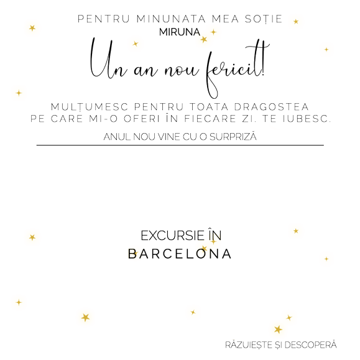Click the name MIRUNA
click(180, 32)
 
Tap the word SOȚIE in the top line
click(264, 19)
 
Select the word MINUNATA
click(171, 19)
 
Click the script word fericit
click(234, 69)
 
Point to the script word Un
click(108, 60)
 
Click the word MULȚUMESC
click(90, 107)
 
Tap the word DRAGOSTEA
click(271, 107)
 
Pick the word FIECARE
click(210, 119)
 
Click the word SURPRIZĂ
click(233, 137)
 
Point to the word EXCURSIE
click(172, 236)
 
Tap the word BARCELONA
click(180, 254)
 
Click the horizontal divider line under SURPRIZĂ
click(180, 145)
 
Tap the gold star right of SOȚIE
click(296, 22)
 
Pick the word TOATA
click(209, 107)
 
